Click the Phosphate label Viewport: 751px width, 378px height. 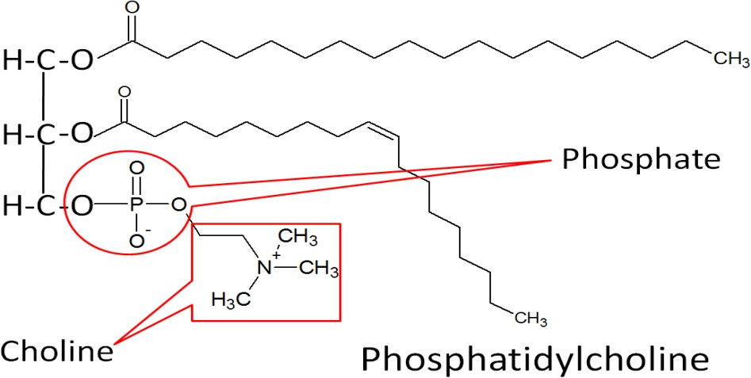[x=641, y=159]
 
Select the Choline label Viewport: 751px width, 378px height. [x=56, y=350]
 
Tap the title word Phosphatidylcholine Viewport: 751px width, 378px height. [x=534, y=358]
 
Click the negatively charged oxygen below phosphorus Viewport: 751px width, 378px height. [x=137, y=239]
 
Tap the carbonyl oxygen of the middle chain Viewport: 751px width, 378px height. [x=123, y=93]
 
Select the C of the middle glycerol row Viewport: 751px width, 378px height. [x=48, y=134]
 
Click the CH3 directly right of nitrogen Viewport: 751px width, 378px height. [x=320, y=270]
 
